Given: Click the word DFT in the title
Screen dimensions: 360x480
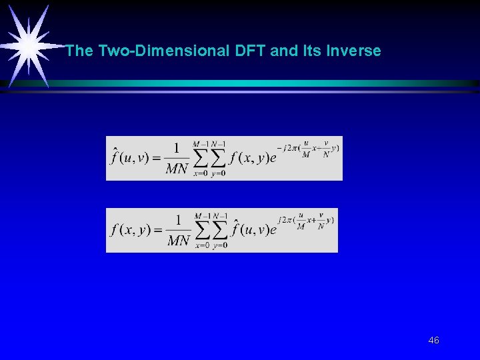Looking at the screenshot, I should tap(251, 51).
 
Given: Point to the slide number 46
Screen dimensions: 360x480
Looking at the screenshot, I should tap(433, 341).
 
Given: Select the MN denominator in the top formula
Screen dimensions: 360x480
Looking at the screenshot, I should tap(177, 169).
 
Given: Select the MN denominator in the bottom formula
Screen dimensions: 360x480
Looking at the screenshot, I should tap(178, 241).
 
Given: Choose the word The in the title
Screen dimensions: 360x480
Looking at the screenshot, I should tap(79, 51).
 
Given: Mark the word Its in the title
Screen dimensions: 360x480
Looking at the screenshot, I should tap(313, 51).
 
